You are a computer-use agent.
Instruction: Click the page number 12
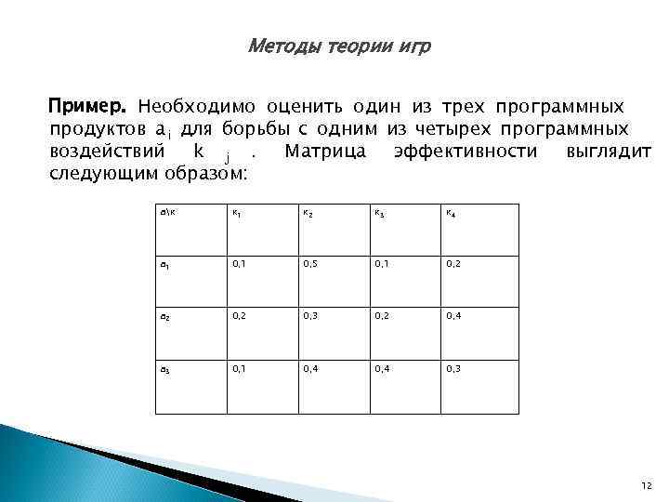pyautogui.click(x=647, y=484)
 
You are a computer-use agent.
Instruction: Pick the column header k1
pyautogui.click(x=239, y=213)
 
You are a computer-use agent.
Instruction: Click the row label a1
pyautogui.click(x=166, y=265)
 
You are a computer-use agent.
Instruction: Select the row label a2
pyautogui.click(x=166, y=317)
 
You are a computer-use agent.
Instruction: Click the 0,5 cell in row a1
pyautogui.click(x=311, y=265)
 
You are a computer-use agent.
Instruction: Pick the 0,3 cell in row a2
pyautogui.click(x=311, y=317)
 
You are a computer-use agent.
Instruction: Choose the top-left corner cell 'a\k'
pyautogui.click(x=167, y=213)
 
